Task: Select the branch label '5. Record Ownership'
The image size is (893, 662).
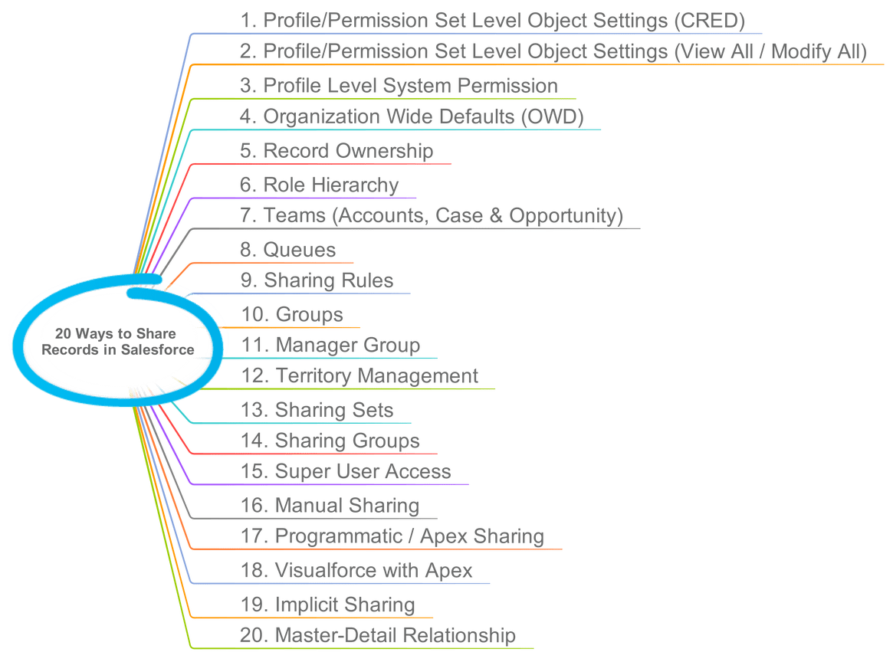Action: tap(337, 150)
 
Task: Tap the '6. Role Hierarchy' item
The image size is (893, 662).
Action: tap(320, 185)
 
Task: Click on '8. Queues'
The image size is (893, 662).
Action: tap(288, 250)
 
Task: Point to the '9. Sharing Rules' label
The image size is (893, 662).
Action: tap(317, 280)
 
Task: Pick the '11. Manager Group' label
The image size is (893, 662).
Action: tap(330, 345)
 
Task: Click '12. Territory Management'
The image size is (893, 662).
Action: tap(359, 376)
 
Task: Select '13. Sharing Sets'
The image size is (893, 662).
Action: tap(317, 410)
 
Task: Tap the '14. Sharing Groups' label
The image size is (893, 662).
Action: tap(330, 441)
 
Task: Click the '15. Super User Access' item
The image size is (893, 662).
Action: tap(346, 471)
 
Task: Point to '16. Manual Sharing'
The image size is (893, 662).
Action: tap(330, 506)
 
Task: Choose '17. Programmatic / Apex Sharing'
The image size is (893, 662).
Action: tap(392, 536)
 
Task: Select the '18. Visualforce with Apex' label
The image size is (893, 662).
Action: tap(356, 570)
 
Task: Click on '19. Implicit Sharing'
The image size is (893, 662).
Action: tap(328, 605)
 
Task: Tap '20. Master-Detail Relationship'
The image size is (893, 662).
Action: tap(378, 635)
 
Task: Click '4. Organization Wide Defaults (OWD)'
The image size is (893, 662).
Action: tap(412, 116)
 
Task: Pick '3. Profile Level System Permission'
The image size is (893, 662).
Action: tap(399, 85)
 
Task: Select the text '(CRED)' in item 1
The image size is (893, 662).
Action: tap(709, 21)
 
